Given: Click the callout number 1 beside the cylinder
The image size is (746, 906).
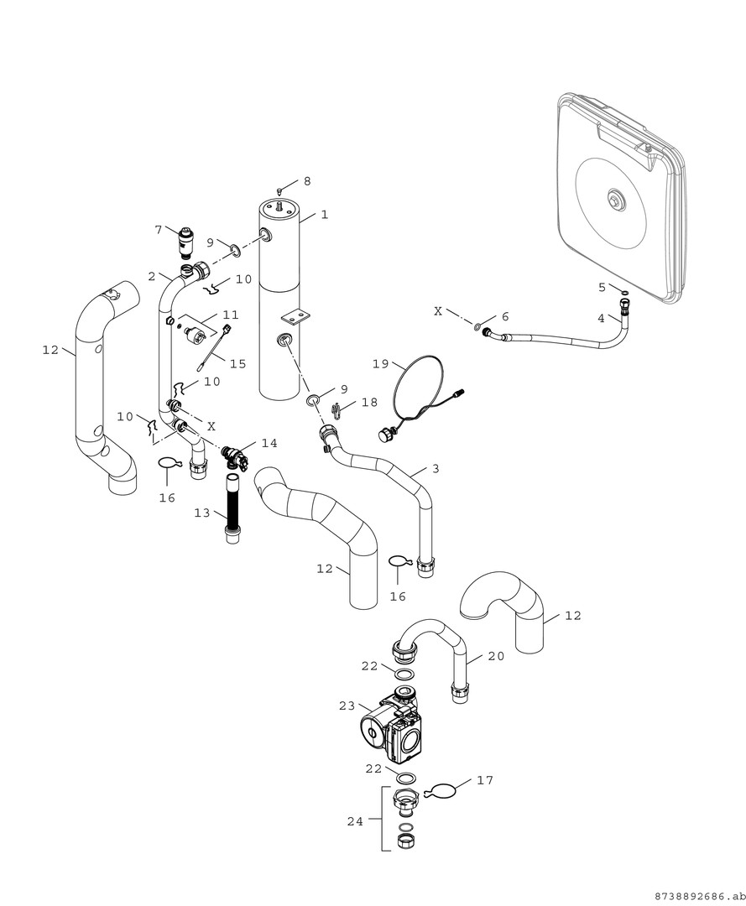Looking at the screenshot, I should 324,215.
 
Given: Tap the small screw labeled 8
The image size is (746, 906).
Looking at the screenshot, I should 280,191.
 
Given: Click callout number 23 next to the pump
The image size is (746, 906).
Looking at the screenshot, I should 347,706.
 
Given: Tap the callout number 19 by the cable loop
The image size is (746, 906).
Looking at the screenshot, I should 380,364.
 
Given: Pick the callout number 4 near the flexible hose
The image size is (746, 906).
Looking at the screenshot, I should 601,319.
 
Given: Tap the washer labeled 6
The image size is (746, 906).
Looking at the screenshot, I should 477,326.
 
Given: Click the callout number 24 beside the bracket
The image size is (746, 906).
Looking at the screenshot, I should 355,821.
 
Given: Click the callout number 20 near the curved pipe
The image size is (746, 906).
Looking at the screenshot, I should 496,657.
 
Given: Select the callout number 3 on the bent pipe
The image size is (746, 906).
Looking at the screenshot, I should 436,469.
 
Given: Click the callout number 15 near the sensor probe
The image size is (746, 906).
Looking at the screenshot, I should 238,363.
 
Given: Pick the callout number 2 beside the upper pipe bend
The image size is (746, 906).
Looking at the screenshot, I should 152,276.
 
